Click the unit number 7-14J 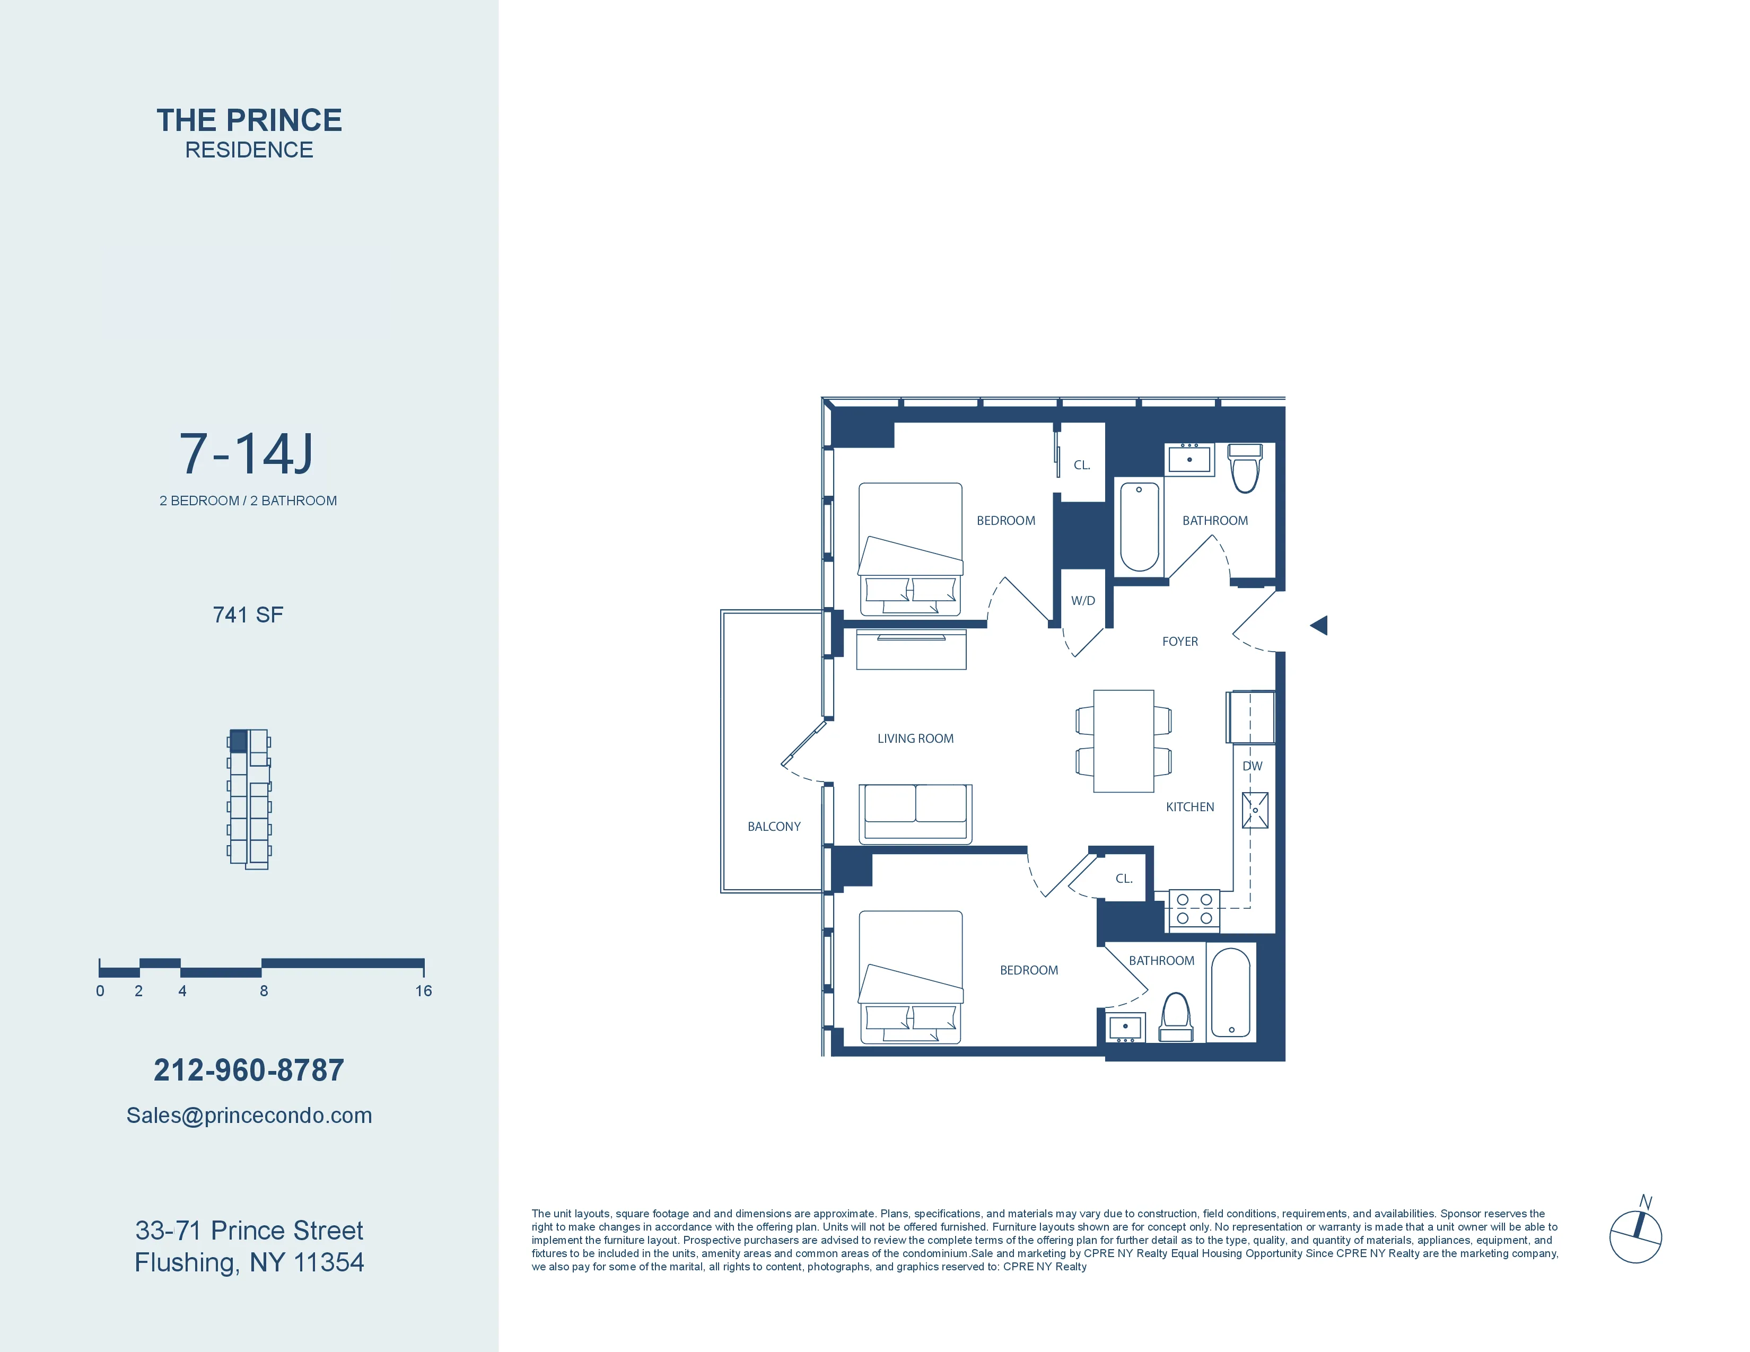point(247,454)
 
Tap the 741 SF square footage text point(248,614)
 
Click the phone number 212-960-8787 point(248,1070)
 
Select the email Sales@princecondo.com point(248,1115)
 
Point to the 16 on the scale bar point(423,991)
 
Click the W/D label point(1082,601)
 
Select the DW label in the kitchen point(1252,766)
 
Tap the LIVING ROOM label point(915,739)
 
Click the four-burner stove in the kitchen point(1194,910)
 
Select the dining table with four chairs point(1123,741)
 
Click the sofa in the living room point(915,813)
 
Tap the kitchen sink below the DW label point(1255,810)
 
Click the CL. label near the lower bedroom point(1123,879)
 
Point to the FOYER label point(1179,642)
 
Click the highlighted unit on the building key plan point(239,740)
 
